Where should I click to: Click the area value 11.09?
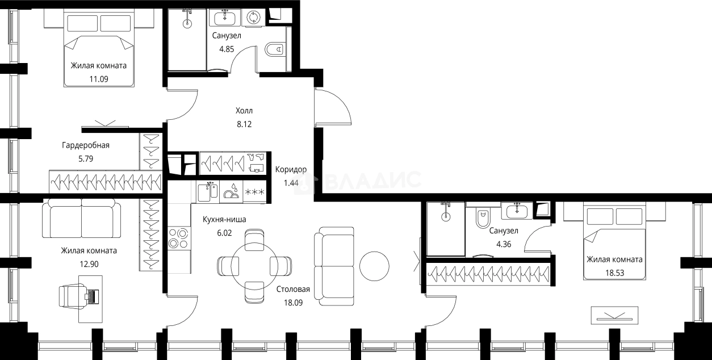(99, 79)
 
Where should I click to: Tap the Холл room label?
(244, 111)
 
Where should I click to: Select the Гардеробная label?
(86, 145)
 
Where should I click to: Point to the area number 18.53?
(614, 273)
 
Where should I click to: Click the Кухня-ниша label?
(224, 219)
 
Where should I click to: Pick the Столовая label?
(293, 289)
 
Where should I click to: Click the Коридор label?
(291, 169)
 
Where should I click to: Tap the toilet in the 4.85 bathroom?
(274, 49)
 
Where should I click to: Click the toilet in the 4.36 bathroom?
(483, 217)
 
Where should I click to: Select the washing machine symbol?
(253, 17)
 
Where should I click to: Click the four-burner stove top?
(179, 238)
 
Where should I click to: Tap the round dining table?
(254, 266)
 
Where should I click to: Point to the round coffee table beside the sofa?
(374, 266)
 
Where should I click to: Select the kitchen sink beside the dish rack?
(208, 191)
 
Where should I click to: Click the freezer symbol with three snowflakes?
(254, 192)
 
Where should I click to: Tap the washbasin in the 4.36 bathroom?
(517, 211)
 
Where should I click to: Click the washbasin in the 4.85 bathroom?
(225, 17)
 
